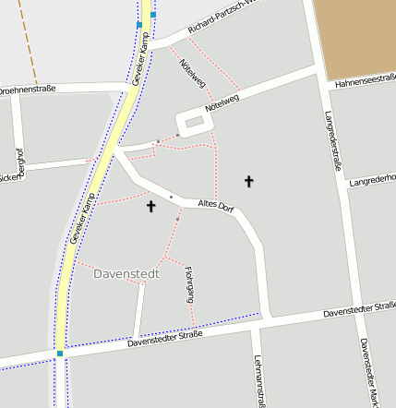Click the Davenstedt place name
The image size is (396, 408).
coord(127,273)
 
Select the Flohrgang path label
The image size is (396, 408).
coord(189,283)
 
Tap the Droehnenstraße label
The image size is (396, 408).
coord(28,90)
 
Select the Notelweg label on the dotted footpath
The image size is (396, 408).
coord(192,74)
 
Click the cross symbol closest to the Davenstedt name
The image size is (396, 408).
coord(151,207)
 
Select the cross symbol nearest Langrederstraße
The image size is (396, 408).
coord(248,181)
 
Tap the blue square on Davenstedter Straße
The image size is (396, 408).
coord(60,353)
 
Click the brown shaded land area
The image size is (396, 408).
coord(355,37)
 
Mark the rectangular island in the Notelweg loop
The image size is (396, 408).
coord(194,122)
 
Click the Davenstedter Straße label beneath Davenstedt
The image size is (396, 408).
coord(165,341)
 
